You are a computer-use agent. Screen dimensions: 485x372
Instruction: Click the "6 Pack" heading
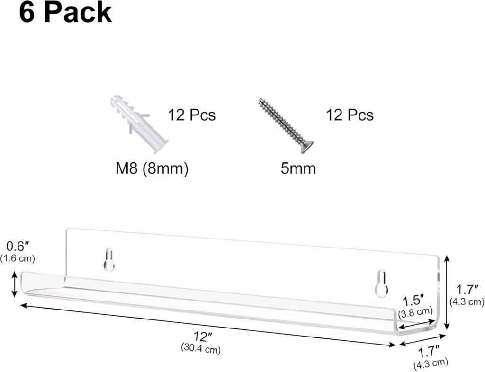pyautogui.click(x=65, y=13)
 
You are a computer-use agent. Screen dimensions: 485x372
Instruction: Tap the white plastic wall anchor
pyautogui.click(x=139, y=124)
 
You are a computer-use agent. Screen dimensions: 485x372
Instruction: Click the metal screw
pyautogui.click(x=285, y=125)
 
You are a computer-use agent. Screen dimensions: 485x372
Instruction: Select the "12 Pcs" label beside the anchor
pyautogui.click(x=191, y=115)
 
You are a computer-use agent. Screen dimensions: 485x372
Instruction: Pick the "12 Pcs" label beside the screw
pyautogui.click(x=350, y=115)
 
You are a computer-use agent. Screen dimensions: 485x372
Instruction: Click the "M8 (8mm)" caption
pyautogui.click(x=152, y=168)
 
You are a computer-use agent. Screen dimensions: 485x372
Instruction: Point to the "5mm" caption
pyautogui.click(x=298, y=168)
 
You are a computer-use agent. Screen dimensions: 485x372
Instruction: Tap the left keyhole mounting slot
pyautogui.click(x=109, y=260)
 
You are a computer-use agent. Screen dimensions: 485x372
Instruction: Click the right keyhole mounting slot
pyautogui.click(x=382, y=283)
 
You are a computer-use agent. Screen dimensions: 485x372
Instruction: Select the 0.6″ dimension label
pyautogui.click(x=18, y=247)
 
